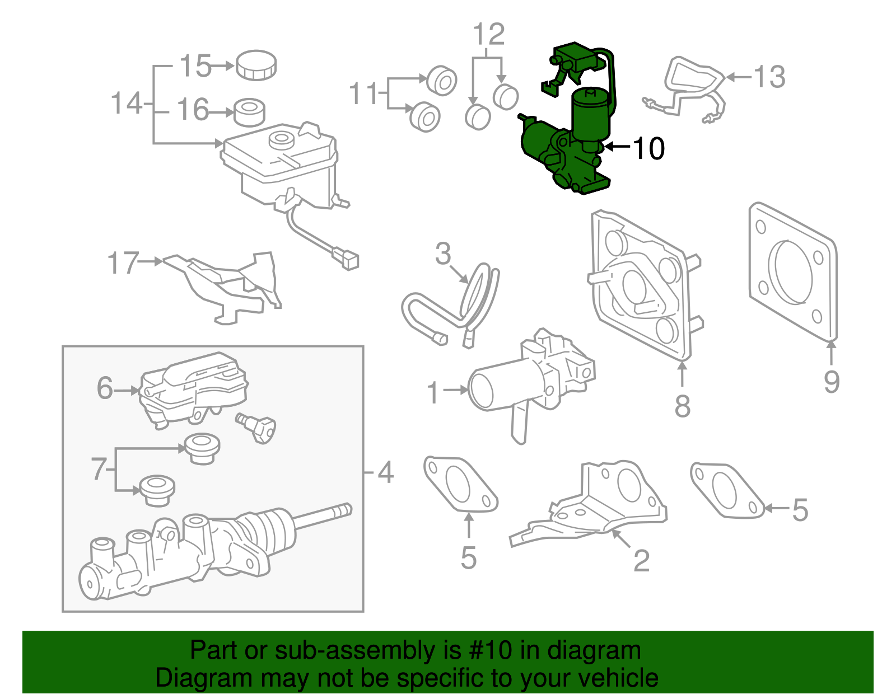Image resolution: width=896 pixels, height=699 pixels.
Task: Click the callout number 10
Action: point(648,149)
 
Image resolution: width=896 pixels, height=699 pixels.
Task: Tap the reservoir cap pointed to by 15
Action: point(256,65)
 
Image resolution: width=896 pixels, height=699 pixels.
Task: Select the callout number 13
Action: point(769,77)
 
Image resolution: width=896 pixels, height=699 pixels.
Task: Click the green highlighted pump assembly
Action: point(566,151)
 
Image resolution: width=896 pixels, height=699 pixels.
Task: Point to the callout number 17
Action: point(123,262)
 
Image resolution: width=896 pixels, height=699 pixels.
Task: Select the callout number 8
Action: point(682,406)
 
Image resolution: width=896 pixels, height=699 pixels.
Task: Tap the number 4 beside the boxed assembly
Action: point(385,473)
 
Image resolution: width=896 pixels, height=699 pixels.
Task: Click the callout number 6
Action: point(105,388)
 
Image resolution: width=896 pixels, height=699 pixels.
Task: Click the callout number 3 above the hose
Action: point(442,254)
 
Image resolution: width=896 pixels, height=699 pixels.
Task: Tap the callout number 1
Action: point(433,392)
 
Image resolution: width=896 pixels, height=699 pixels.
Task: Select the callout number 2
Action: point(641,560)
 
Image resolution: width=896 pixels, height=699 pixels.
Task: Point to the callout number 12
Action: point(489,35)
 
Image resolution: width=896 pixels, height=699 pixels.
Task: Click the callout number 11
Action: point(364,93)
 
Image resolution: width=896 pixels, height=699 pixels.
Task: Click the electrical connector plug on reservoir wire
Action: point(346,260)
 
